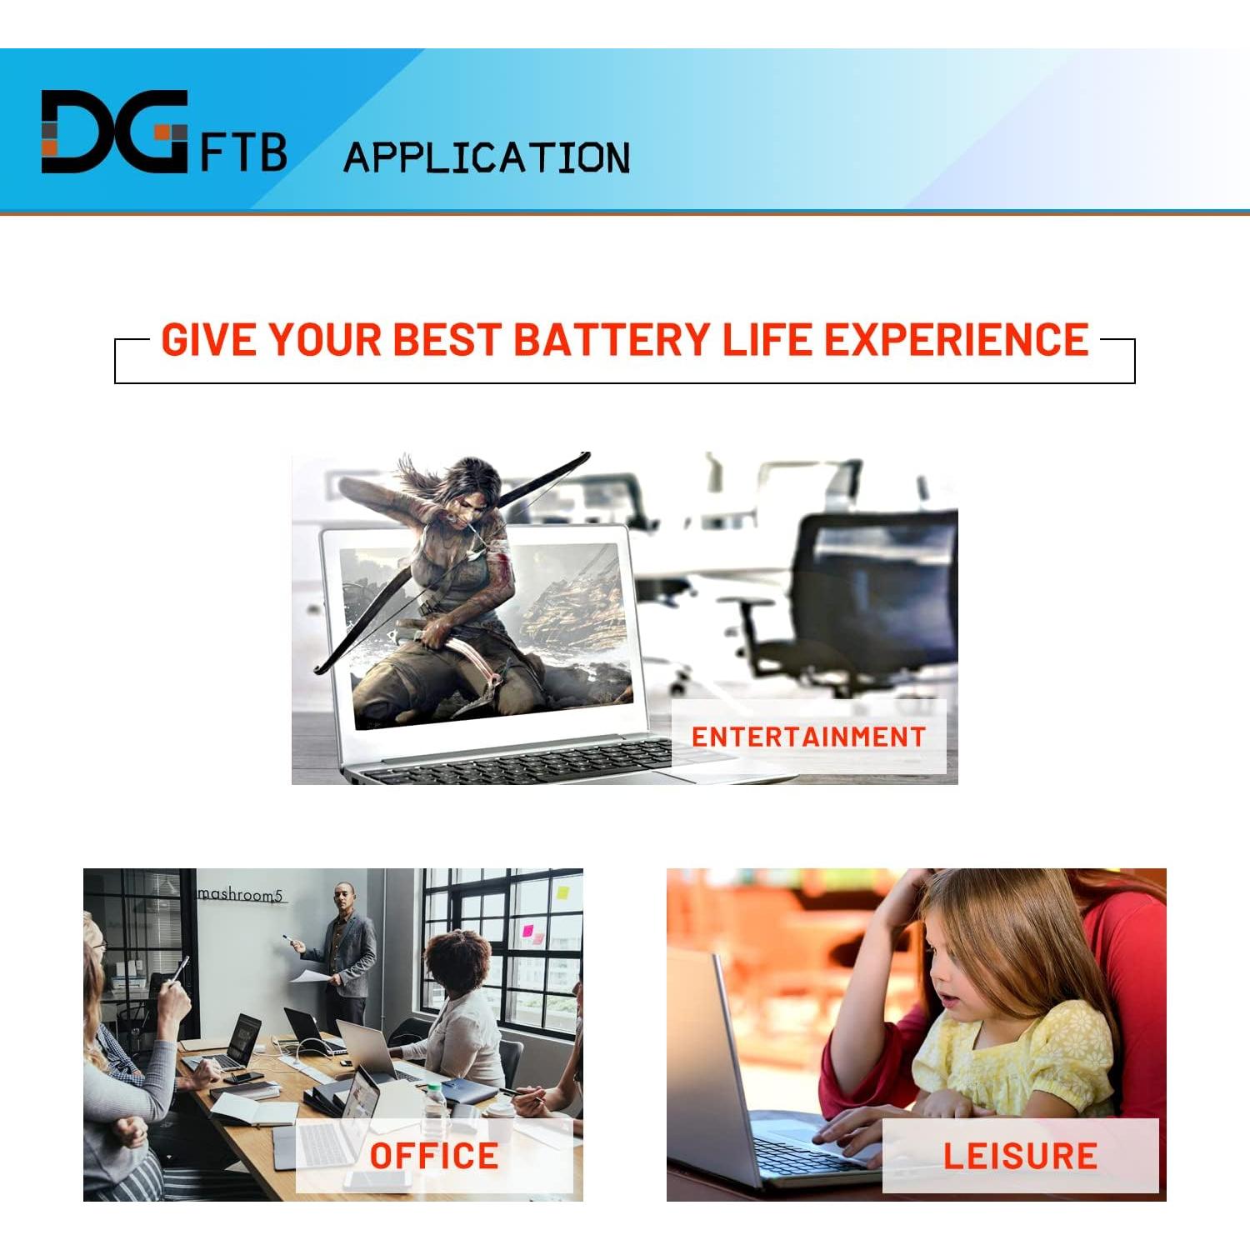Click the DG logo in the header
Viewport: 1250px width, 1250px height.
[x=114, y=132]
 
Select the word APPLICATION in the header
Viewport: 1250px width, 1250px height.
[x=487, y=157]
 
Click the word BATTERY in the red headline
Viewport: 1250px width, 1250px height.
[x=612, y=340]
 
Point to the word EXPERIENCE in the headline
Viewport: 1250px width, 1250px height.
[x=957, y=340]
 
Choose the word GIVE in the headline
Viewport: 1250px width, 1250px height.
[x=208, y=340]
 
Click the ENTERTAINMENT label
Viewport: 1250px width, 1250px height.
[x=808, y=737]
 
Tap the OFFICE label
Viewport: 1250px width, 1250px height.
[x=433, y=1156]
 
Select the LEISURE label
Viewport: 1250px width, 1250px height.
[x=1020, y=1156]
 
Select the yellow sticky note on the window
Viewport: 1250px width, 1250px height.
[x=562, y=892]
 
